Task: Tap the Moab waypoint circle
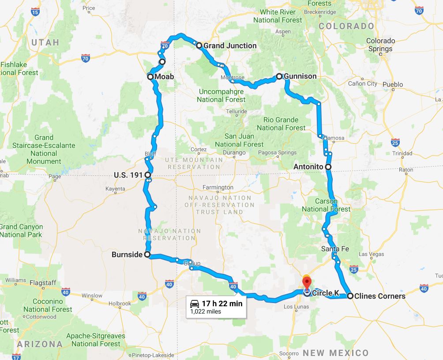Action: click(150, 77)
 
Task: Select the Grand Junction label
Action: click(229, 45)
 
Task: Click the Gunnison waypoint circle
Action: click(279, 76)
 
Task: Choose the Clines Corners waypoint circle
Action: click(350, 296)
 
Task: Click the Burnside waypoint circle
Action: click(147, 254)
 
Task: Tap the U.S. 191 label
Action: click(128, 175)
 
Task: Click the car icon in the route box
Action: click(194, 304)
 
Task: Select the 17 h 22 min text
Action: click(222, 304)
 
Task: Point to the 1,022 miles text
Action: click(206, 311)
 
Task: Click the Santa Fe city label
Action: click(335, 249)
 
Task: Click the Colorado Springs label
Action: click(380, 45)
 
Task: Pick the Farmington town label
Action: click(218, 188)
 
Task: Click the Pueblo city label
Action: click(393, 84)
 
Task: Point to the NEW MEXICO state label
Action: click(335, 352)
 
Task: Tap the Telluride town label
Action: click(237, 112)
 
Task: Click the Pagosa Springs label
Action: click(278, 153)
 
